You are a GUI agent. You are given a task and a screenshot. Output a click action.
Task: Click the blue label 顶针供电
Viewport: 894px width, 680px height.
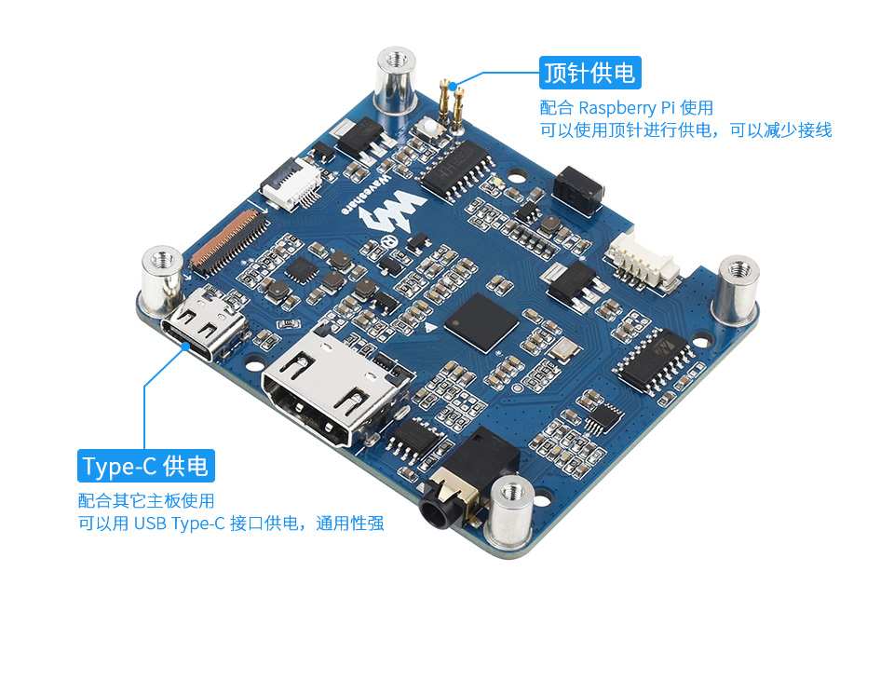tap(590, 73)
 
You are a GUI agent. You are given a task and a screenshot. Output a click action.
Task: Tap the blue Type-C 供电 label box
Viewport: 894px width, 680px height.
tap(146, 466)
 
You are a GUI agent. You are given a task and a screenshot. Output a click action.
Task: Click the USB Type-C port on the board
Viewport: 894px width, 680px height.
tap(204, 324)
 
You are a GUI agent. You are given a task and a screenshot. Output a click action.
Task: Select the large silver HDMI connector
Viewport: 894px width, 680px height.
tap(336, 388)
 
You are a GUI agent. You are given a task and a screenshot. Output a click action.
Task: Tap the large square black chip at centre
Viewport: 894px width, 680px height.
tap(481, 323)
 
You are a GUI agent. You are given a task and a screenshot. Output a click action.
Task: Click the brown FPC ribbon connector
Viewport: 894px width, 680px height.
tap(230, 239)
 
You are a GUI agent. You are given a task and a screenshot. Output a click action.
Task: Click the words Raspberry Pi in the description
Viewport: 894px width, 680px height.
tap(626, 108)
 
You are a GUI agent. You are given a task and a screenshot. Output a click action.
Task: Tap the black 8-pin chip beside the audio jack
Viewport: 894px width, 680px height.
tap(414, 440)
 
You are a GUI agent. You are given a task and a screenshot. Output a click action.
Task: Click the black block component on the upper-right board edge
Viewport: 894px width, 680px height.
tap(577, 191)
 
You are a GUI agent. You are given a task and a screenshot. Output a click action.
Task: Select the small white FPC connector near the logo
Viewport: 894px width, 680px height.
tap(291, 183)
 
